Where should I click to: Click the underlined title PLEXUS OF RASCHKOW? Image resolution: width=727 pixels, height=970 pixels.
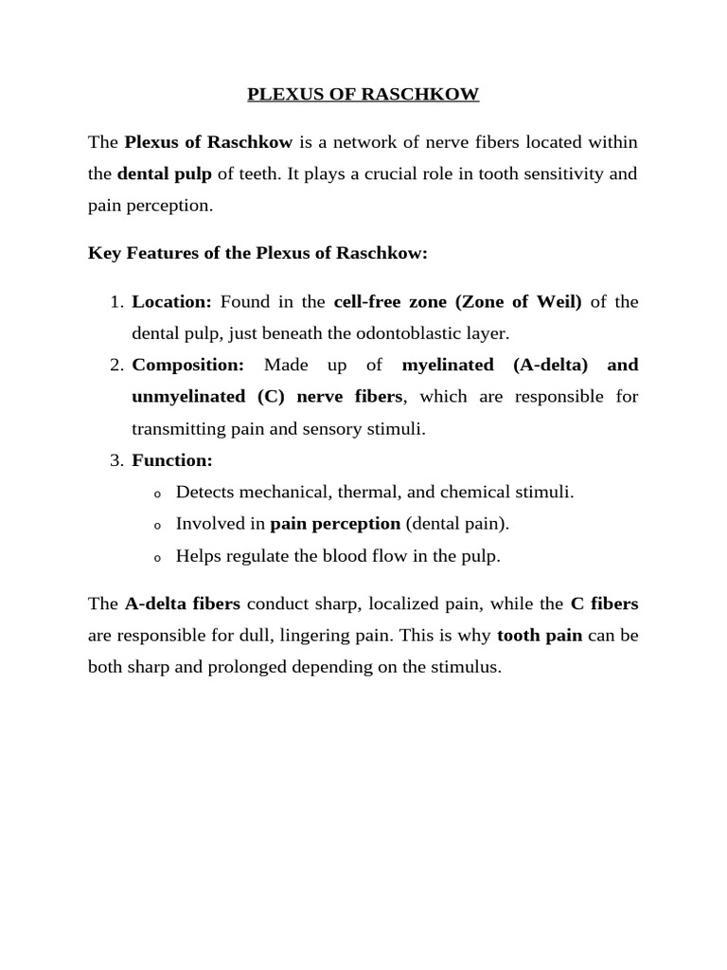coord(363,94)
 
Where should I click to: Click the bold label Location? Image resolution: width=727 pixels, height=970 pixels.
coord(171,302)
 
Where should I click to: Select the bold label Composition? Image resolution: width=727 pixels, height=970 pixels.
coord(187,365)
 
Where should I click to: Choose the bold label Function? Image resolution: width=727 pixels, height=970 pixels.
coord(172,461)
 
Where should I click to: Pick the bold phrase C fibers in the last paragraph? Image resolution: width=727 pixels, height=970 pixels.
coord(604,603)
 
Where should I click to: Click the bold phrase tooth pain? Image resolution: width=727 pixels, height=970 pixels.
coord(540,636)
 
